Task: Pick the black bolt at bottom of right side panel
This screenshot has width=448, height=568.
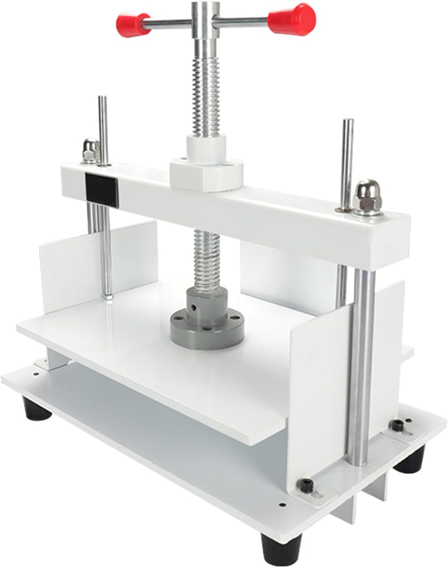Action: click(x=305, y=484)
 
